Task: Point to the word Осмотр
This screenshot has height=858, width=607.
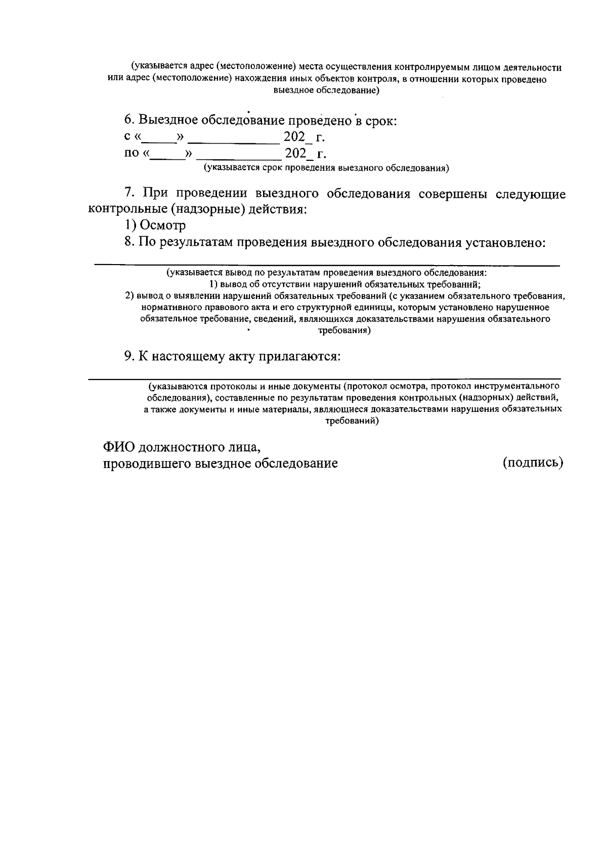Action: [x=162, y=225]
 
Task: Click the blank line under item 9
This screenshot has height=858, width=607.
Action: [x=324, y=378]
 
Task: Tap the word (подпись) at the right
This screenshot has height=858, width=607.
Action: [x=533, y=462]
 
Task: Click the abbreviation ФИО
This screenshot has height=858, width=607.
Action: [x=119, y=447]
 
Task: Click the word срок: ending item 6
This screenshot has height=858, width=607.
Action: [x=379, y=121]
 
